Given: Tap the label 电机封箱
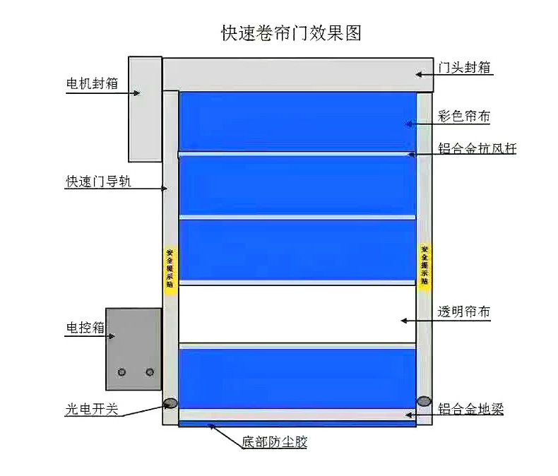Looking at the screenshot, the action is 92,84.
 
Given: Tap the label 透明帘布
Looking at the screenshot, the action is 464,312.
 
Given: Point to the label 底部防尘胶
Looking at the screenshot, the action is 275,443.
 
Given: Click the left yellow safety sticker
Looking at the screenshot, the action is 170,267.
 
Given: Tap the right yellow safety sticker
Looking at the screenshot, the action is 425,265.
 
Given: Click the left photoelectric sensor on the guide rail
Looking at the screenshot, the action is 170,403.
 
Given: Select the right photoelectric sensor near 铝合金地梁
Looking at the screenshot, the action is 424,401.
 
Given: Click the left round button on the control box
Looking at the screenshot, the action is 122,372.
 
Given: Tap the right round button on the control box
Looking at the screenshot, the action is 149,372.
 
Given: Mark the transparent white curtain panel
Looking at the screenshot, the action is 297,314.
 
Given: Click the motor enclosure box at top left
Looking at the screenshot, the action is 144,109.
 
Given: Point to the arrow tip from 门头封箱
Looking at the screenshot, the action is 416,73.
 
